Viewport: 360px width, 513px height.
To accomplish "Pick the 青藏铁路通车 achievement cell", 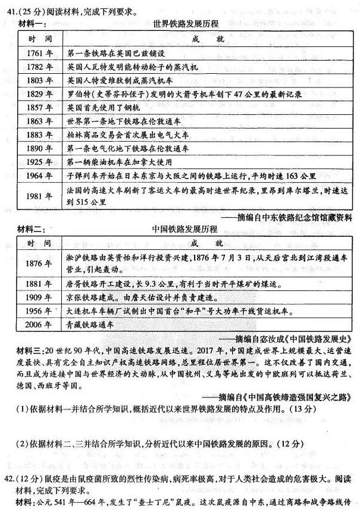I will (x=89, y=325).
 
